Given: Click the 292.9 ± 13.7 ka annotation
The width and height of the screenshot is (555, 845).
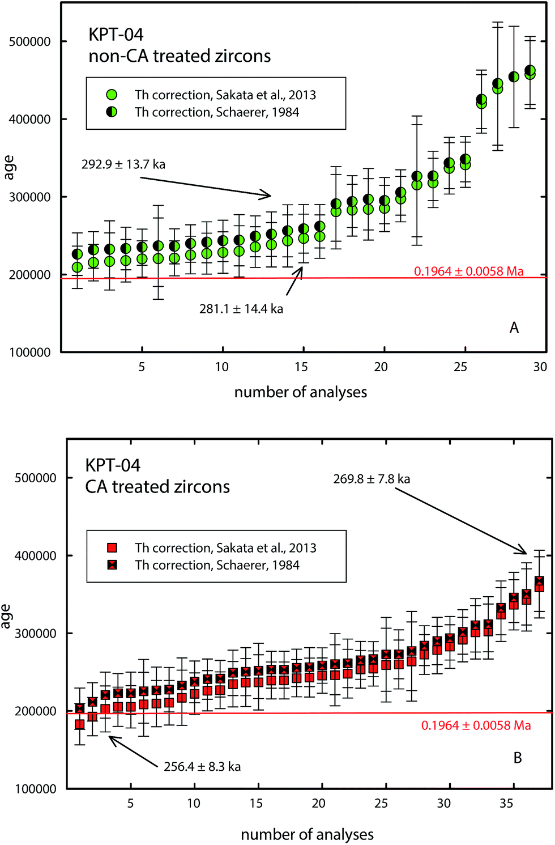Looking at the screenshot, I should [123, 164].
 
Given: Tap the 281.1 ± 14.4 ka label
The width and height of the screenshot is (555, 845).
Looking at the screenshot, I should [241, 309].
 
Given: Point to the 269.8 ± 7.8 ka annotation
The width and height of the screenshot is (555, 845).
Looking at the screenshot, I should [372, 479].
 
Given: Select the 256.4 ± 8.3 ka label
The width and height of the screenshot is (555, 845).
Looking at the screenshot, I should [202, 767].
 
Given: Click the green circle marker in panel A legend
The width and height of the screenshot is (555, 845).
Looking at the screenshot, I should [112, 95].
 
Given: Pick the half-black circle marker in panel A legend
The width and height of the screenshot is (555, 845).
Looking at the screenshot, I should [112, 112].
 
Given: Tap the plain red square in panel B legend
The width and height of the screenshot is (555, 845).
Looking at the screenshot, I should [112, 547].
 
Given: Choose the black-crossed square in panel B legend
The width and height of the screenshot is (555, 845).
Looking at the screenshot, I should [112, 564].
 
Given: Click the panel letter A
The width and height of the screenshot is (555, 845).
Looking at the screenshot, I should [514, 328].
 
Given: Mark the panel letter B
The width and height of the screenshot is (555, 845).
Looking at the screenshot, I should [518, 758].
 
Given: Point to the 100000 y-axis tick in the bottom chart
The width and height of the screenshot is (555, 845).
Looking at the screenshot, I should [35, 789].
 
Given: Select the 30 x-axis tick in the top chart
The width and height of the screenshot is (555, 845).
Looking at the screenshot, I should [540, 367].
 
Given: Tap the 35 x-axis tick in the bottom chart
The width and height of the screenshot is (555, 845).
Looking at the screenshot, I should [506, 803].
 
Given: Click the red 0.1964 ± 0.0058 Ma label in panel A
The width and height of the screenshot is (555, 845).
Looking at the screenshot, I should [469, 271].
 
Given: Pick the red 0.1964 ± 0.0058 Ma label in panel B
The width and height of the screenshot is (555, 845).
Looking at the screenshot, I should [476, 725].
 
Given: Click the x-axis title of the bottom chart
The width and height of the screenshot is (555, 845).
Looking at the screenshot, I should [307, 834].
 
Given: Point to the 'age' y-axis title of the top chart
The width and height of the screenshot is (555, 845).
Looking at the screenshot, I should [8, 168].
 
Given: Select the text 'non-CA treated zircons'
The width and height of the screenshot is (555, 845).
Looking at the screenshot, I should [180, 56].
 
